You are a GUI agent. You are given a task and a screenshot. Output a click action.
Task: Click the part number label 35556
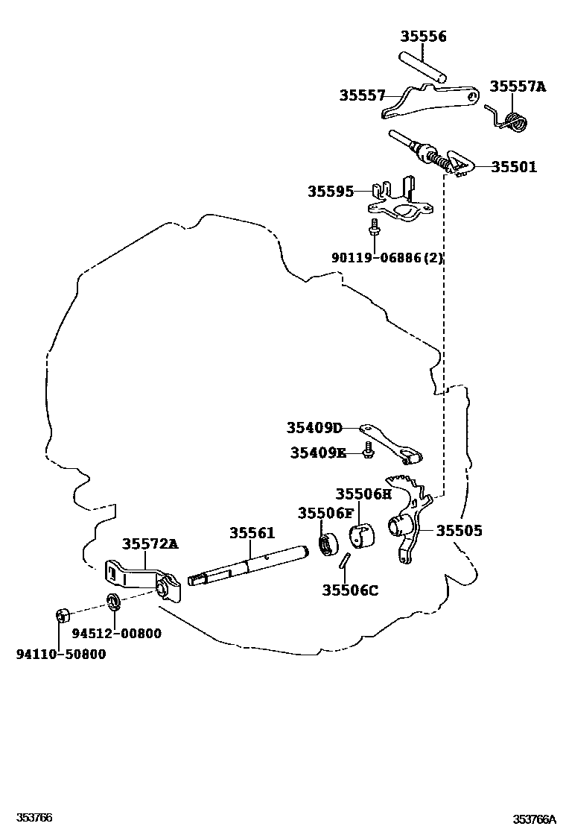coord(423,36)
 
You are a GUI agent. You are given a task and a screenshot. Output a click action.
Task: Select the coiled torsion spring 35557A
coord(513,120)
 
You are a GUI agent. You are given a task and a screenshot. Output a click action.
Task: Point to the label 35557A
coord(517,86)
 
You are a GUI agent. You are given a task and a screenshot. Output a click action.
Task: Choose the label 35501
coord(513,167)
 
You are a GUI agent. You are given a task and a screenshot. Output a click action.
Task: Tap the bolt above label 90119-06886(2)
coord(375,227)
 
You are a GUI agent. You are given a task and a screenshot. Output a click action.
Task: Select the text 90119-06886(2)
coord(387,258)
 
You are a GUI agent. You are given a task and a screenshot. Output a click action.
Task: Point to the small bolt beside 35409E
coord(367,450)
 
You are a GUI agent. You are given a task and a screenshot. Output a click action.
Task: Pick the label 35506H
coord(363,494)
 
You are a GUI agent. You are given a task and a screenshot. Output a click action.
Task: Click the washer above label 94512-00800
coord(114,601)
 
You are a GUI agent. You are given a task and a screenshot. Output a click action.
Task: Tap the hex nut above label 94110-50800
coord(63,616)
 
